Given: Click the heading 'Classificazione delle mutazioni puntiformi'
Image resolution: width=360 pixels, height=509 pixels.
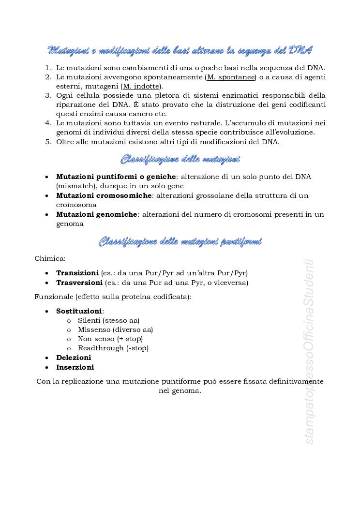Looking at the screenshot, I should point(180,241).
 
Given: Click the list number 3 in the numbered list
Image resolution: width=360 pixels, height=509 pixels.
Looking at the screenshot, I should point(48,95).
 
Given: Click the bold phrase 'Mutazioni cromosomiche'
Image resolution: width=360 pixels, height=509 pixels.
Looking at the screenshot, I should point(104,195).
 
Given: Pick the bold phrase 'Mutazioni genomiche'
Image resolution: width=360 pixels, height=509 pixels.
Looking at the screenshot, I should point(97,214).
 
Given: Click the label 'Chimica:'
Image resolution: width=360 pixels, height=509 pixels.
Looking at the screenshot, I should point(50,259).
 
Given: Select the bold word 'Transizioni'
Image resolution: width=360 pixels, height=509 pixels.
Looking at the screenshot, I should point(77,273).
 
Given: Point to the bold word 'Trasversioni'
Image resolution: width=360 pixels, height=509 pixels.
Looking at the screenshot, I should point(79,282).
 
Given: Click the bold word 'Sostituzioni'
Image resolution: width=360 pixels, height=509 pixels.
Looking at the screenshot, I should point(79,311).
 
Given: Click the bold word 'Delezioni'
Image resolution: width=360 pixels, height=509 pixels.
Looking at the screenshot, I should point(74,358).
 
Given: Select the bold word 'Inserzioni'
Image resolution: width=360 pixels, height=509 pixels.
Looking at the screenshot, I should point(75,367).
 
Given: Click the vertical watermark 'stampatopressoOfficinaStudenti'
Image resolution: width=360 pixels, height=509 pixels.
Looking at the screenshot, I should point(310,352).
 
